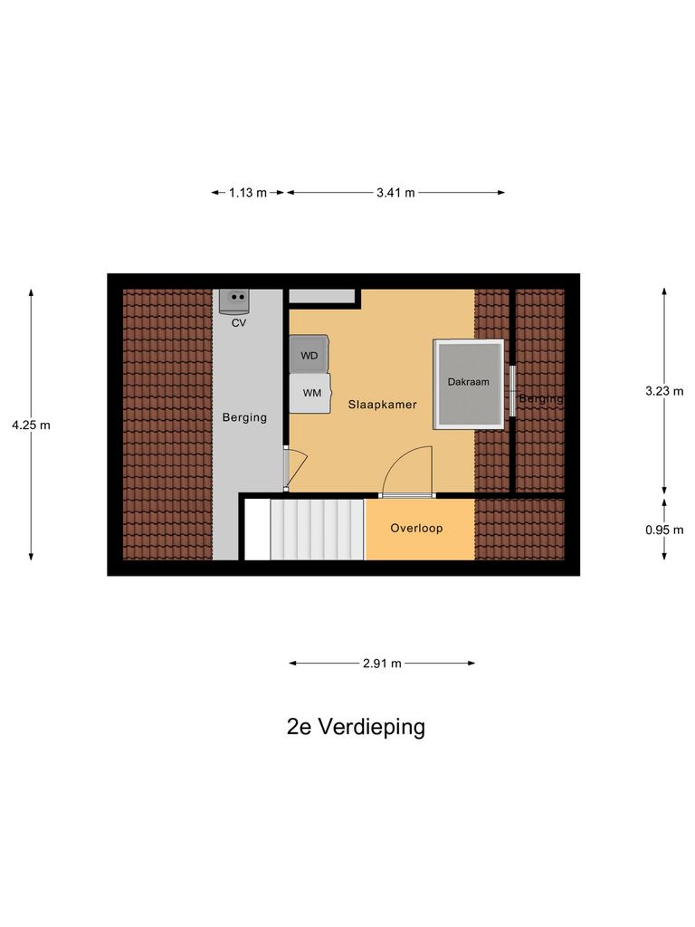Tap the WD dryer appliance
309,355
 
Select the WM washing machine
310,393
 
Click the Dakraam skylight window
468,384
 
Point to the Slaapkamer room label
382,405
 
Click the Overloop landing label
416,528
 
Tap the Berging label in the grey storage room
245,417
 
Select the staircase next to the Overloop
317,529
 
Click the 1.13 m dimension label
247,192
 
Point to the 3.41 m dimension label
395,192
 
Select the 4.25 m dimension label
31,424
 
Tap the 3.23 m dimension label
664,391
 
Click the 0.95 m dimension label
664,530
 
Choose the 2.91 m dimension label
382,663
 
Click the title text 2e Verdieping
356,726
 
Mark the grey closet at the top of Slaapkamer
321,296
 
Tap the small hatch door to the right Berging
511,391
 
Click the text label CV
239,322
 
